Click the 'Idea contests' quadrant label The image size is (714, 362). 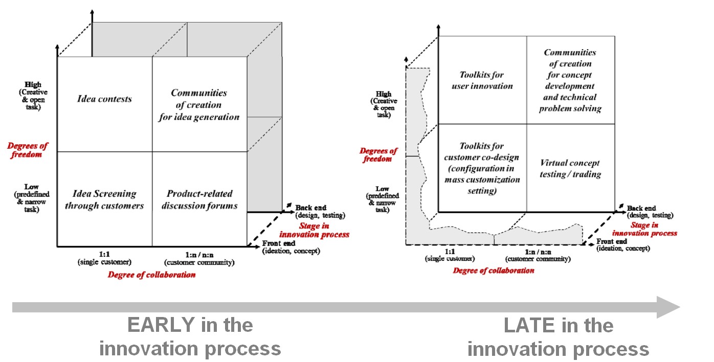coord(105,99)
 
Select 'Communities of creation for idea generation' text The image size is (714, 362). coord(199,105)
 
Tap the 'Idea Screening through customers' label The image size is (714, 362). coord(105,199)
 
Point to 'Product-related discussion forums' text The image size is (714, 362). coord(199,199)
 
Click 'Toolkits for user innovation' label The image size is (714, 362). coord(482,80)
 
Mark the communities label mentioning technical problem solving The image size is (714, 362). coord(570,80)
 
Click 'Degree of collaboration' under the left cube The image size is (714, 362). coord(151,275)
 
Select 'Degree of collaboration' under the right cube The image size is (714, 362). coord(494,270)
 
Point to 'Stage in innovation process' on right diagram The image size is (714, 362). coord(654,229)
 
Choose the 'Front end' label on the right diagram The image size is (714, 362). coord(612,241)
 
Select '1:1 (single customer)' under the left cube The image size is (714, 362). coord(104,258)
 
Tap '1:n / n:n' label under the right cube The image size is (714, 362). coord(538,252)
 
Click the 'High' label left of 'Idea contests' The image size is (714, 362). coord(33,84)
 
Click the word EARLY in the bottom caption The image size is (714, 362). coord(161,325)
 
